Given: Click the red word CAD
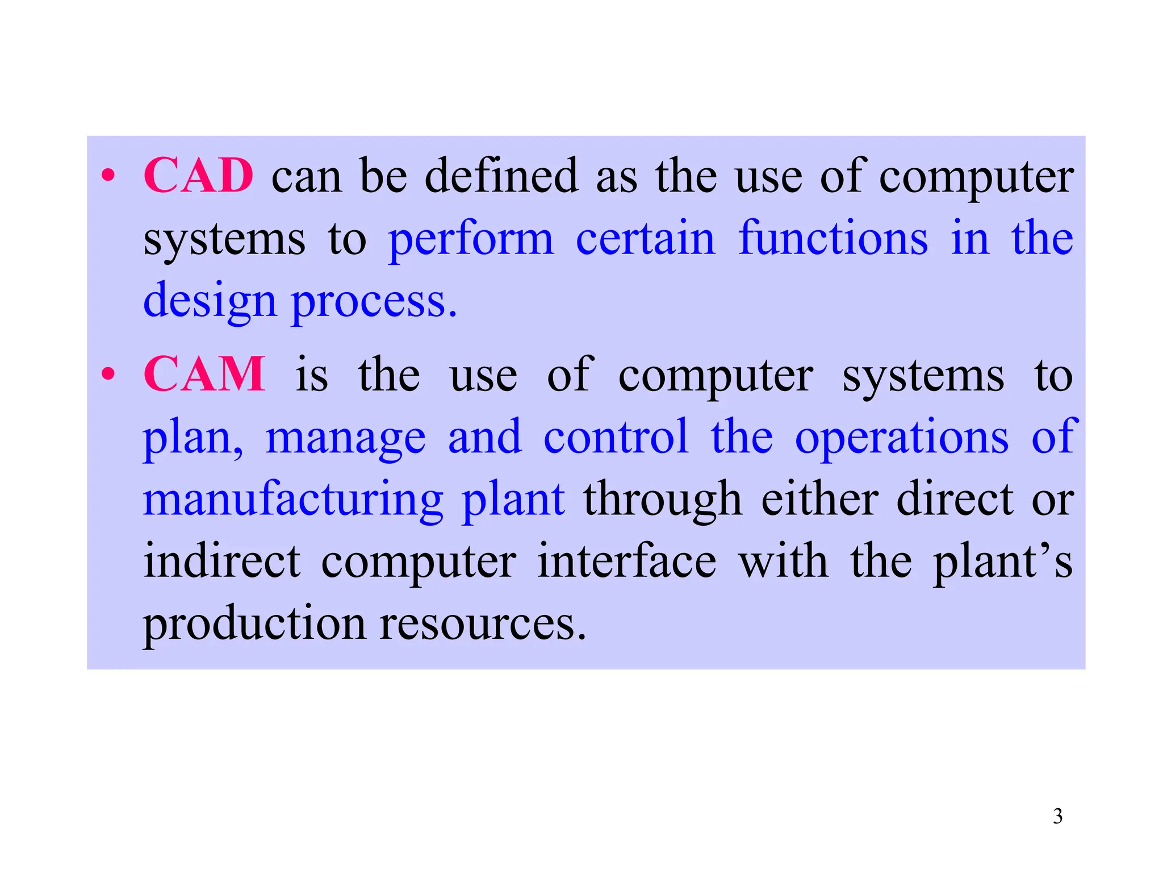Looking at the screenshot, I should (x=198, y=176).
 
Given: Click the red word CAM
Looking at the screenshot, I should (x=204, y=375).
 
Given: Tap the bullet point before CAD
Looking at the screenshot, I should (x=108, y=176).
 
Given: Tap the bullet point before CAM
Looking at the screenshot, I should (x=108, y=375).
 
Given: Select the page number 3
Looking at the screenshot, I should (x=1057, y=816).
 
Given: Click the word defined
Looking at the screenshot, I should (x=501, y=176).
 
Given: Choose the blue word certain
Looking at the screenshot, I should (x=645, y=239).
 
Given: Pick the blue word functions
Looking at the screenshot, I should (x=833, y=239).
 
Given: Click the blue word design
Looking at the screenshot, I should (x=210, y=301).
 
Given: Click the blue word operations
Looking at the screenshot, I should (x=902, y=438).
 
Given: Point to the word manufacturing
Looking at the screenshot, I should (x=292, y=500).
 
